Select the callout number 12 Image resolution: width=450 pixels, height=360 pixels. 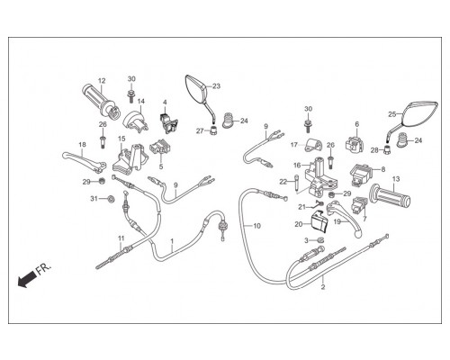pos(102,81)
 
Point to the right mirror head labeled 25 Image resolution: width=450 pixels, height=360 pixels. pos(420,113)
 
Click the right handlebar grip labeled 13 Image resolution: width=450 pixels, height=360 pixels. pos(391,196)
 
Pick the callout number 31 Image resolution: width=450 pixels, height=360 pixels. pos(94,199)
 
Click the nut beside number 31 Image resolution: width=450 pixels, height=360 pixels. pos(111,199)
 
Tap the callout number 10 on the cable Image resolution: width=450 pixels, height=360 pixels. pos(257,226)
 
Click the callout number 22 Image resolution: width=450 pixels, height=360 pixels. pos(283,182)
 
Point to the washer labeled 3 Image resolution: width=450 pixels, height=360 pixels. pos(319,240)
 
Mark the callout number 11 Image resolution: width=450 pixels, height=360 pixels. pos(121,238)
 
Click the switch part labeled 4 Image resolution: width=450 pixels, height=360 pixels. pos(168,122)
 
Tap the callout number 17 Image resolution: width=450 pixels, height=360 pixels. pos(294,145)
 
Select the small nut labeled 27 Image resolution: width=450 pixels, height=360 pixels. pos(213,130)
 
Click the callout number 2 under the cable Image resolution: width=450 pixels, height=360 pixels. pos(323,287)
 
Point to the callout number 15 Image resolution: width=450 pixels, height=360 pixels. pos(121,139)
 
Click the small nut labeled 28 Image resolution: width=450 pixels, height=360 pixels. pos(387,149)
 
